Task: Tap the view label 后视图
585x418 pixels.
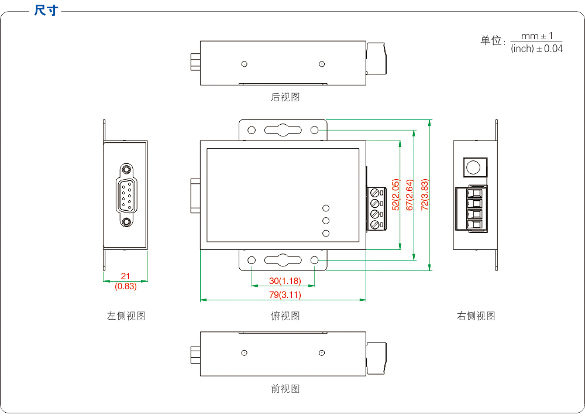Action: tap(285, 97)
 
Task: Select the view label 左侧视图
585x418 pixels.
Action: tap(126, 316)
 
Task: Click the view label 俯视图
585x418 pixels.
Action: tap(285, 316)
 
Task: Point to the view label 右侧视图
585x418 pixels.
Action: tap(476, 316)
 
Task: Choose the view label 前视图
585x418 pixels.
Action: tap(285, 388)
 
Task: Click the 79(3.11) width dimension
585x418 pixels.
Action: tap(285, 294)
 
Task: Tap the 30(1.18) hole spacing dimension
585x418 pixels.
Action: tap(285, 281)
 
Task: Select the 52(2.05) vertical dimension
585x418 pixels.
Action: tap(395, 195)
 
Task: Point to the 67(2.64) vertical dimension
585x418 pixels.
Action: tap(409, 195)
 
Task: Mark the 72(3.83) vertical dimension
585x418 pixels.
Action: tap(425, 195)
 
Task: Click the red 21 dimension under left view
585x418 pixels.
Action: tap(125, 276)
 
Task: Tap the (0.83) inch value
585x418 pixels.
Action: tap(125, 286)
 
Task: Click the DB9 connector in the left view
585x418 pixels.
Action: tap(126, 195)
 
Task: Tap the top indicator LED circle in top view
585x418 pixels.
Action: tap(326, 208)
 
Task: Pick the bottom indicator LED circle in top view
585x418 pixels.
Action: tap(326, 234)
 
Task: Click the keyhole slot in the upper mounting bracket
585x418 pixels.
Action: tap(282, 130)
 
